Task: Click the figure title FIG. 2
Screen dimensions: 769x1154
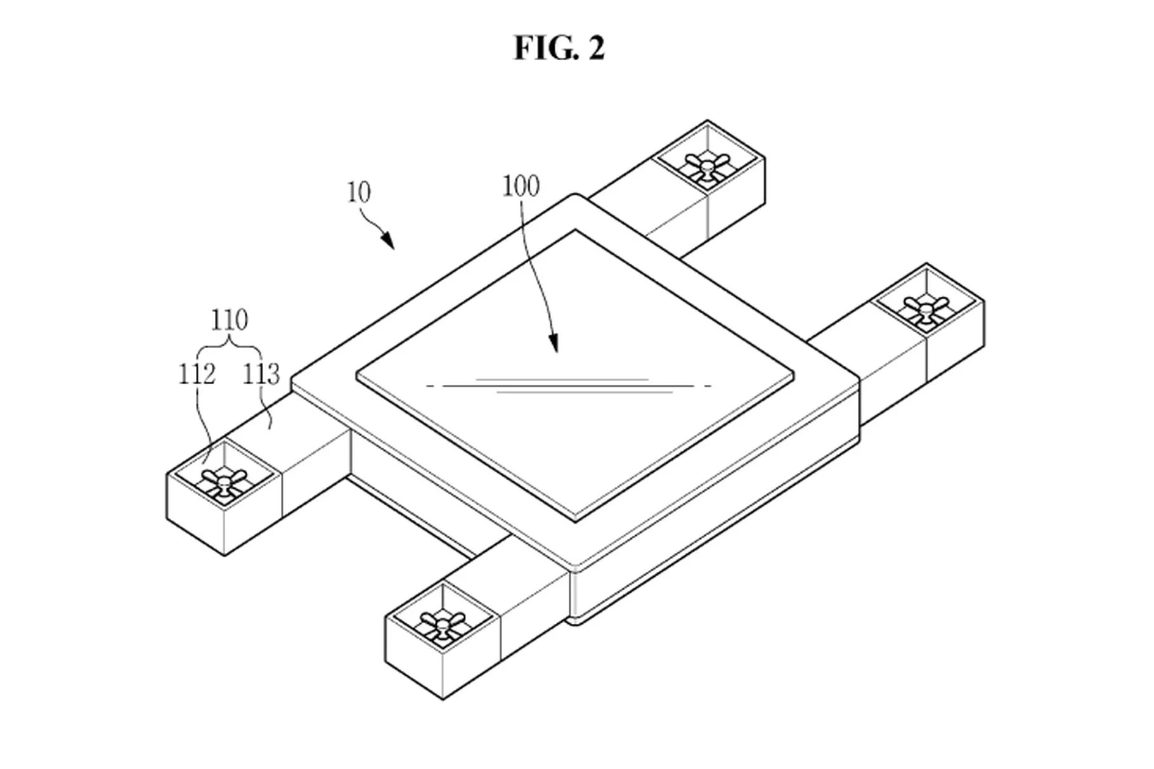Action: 559,48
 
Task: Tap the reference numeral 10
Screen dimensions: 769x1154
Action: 359,192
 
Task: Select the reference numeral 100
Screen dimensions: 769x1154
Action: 521,186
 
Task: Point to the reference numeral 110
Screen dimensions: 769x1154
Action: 229,321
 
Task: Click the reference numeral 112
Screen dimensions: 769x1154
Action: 197,375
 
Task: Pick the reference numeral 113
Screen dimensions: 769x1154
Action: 261,375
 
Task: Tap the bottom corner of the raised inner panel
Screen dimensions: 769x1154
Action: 576,521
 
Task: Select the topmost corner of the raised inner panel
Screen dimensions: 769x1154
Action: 576,231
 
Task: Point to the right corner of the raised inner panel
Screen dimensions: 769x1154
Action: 794,374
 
